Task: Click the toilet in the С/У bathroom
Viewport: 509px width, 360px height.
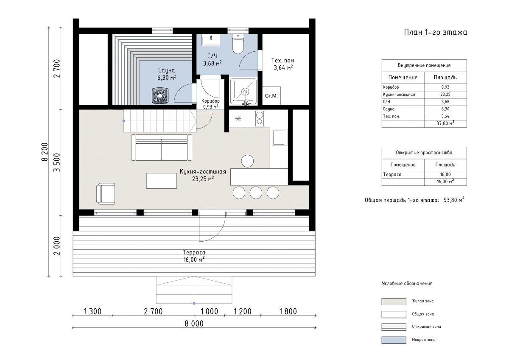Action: [x=238, y=44]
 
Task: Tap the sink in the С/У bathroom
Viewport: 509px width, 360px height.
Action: [x=211, y=40]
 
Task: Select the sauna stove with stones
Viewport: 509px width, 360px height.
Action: [x=160, y=96]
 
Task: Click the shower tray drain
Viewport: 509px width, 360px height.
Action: [x=245, y=92]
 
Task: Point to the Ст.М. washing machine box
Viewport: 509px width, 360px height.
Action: [x=271, y=96]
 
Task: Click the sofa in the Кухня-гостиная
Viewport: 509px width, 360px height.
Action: [x=162, y=148]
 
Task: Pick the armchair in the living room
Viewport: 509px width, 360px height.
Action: [x=106, y=194]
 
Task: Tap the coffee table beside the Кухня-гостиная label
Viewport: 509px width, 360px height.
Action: [x=162, y=181]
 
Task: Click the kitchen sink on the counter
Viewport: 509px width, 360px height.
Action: [x=280, y=137]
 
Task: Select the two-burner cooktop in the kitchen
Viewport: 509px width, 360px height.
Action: [x=260, y=118]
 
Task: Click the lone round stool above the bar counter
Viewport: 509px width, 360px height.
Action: [x=247, y=161]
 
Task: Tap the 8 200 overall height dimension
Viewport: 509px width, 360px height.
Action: [x=45, y=152]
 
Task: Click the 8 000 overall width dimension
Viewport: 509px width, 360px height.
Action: [x=194, y=324]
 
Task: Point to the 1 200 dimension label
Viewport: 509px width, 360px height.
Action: [x=243, y=311]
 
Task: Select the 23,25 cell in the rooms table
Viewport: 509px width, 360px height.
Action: [x=445, y=95]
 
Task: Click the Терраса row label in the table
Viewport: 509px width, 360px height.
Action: [x=392, y=174]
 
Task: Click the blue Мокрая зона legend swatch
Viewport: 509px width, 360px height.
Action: [x=394, y=340]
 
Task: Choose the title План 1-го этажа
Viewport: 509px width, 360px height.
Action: [x=436, y=32]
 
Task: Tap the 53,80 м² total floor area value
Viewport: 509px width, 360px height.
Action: [x=454, y=200]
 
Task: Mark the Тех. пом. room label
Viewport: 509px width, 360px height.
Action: [x=283, y=61]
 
